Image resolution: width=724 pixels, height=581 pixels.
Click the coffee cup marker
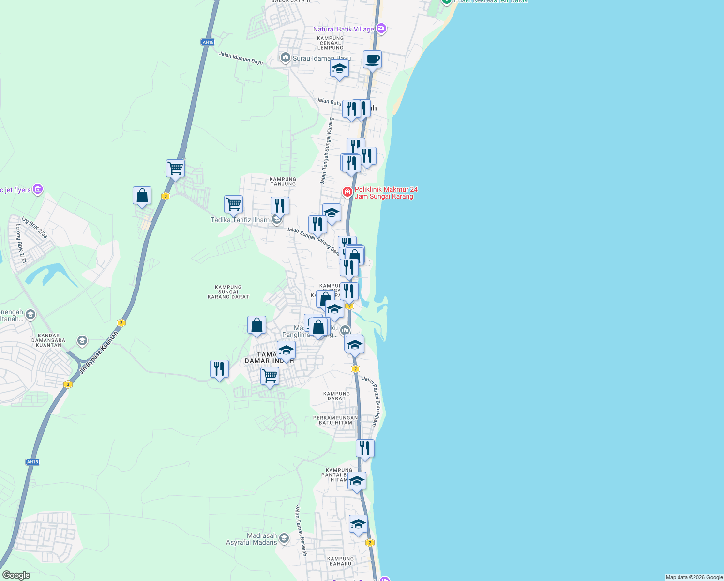click(372, 60)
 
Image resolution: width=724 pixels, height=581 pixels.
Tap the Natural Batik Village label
click(343, 30)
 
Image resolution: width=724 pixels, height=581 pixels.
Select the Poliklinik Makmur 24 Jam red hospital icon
click(347, 193)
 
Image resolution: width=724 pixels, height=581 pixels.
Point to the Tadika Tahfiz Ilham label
click(240, 220)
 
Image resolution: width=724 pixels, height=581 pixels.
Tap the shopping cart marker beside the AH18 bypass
click(175, 169)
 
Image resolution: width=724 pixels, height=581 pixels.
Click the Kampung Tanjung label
click(283, 182)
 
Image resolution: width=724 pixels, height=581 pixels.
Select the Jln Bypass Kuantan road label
click(99, 352)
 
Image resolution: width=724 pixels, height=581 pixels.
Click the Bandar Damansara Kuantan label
click(48, 340)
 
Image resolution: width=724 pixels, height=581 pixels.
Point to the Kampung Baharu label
click(340, 561)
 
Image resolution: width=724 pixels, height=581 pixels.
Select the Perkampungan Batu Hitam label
click(335, 420)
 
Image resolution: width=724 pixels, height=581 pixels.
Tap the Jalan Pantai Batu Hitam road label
click(372, 401)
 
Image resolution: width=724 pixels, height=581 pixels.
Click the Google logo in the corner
click(16, 575)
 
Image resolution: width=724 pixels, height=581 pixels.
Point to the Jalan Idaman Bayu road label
click(241, 58)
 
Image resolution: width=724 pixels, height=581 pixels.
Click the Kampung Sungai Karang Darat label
click(228, 292)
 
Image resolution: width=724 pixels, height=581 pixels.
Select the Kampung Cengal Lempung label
click(331, 43)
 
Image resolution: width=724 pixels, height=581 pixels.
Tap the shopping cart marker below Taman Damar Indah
click(270, 376)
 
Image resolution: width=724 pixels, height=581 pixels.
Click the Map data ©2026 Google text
click(694, 577)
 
